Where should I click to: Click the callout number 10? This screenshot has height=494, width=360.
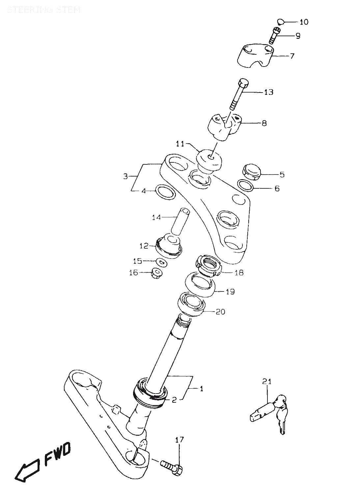click(x=304, y=22)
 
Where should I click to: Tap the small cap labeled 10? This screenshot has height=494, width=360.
click(x=280, y=22)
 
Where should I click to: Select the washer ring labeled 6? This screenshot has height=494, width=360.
click(x=246, y=185)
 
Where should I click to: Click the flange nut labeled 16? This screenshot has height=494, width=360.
click(x=155, y=273)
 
